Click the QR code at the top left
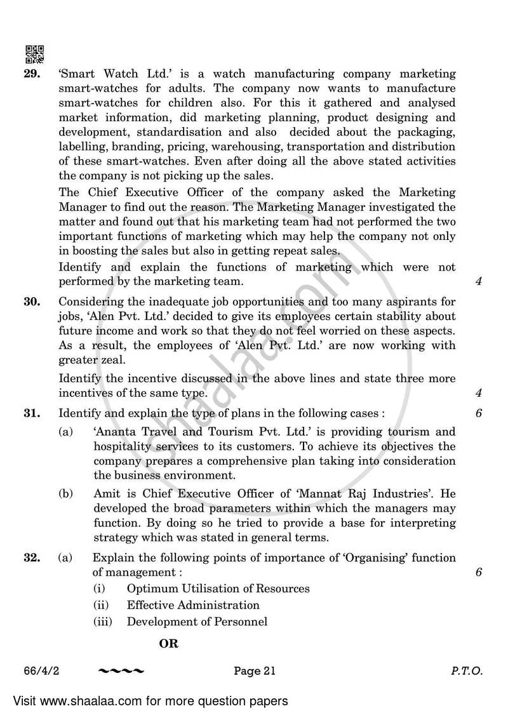[35, 54]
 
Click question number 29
[32, 74]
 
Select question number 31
[32, 413]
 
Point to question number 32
[32, 558]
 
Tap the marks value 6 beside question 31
[478, 413]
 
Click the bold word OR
[169, 644]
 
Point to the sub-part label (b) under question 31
[65, 493]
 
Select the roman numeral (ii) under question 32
[102, 605]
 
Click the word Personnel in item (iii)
[236, 622]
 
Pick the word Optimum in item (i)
[149, 588]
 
